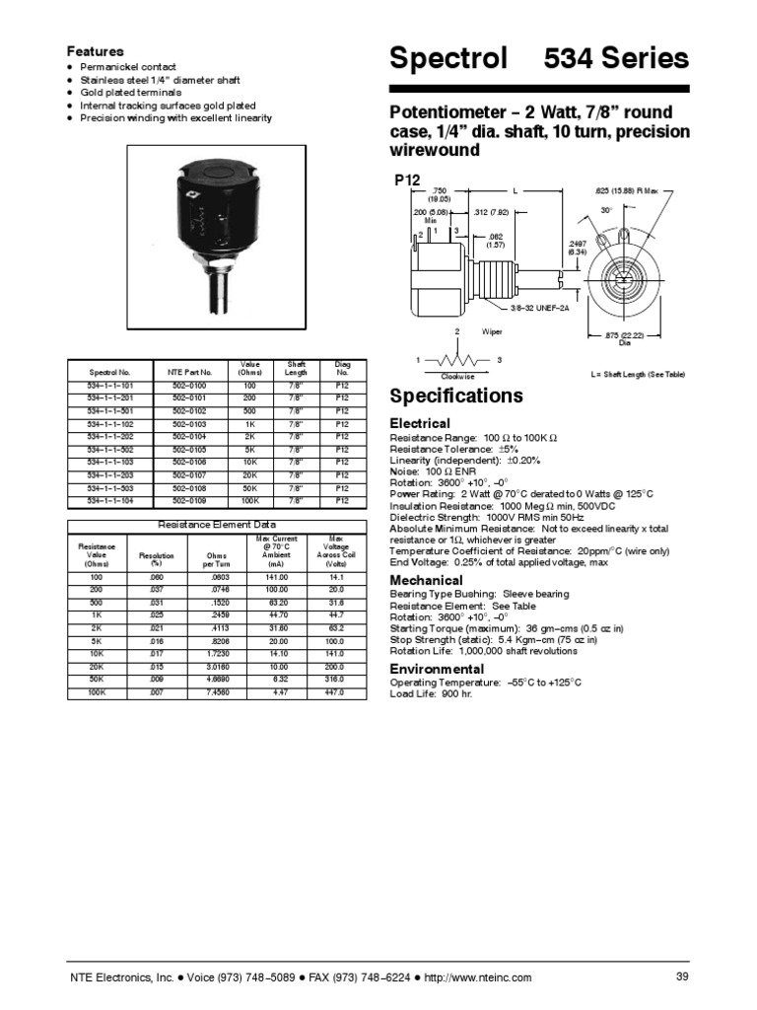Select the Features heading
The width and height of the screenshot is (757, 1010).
(95, 50)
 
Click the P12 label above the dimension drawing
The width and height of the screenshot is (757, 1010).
(407, 180)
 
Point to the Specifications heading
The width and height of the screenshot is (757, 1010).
(456, 397)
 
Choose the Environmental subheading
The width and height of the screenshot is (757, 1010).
(438, 669)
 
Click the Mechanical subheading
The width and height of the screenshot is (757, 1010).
(426, 580)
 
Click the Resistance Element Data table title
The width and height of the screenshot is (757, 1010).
(218, 525)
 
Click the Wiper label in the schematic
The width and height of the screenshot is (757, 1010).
(492, 332)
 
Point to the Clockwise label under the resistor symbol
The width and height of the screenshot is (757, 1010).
(457, 376)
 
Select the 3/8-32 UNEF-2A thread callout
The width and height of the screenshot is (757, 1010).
(541, 309)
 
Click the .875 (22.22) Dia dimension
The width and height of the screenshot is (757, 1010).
(624, 338)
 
